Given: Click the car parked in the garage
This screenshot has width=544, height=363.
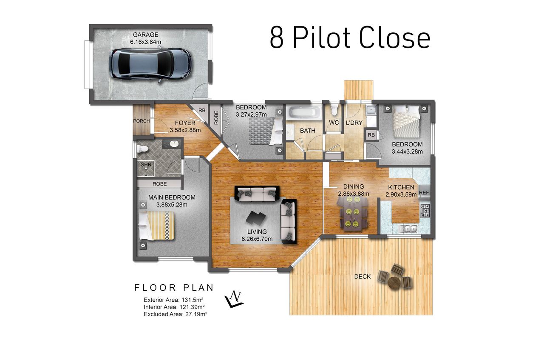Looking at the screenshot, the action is pos(150,65).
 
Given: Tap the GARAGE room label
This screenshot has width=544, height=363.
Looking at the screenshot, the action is pos(145,35).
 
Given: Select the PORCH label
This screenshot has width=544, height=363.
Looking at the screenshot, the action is pos(142,121).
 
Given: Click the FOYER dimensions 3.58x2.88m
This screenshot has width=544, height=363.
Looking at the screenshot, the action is pos(185,130).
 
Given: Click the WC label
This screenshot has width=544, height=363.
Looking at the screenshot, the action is pos(334,123).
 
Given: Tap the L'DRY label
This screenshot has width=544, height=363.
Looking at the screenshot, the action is pos(354,123).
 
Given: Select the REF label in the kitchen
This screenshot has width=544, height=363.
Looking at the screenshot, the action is pos(424,192).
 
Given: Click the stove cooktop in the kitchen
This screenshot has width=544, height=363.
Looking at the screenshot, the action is pos(425,211).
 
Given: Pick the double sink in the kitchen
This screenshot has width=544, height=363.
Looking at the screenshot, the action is pos(408,228).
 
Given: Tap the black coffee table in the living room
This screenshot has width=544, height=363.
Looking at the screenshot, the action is pos(256,217).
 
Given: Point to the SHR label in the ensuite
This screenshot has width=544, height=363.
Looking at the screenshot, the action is pos(146,165).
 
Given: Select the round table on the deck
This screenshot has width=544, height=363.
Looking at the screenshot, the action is pos(394,283).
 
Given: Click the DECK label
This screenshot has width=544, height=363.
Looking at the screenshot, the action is pos(363,277).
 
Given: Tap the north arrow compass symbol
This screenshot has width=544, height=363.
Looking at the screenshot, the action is pos(234,299).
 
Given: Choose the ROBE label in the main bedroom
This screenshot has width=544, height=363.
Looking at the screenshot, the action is pos(159,184).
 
